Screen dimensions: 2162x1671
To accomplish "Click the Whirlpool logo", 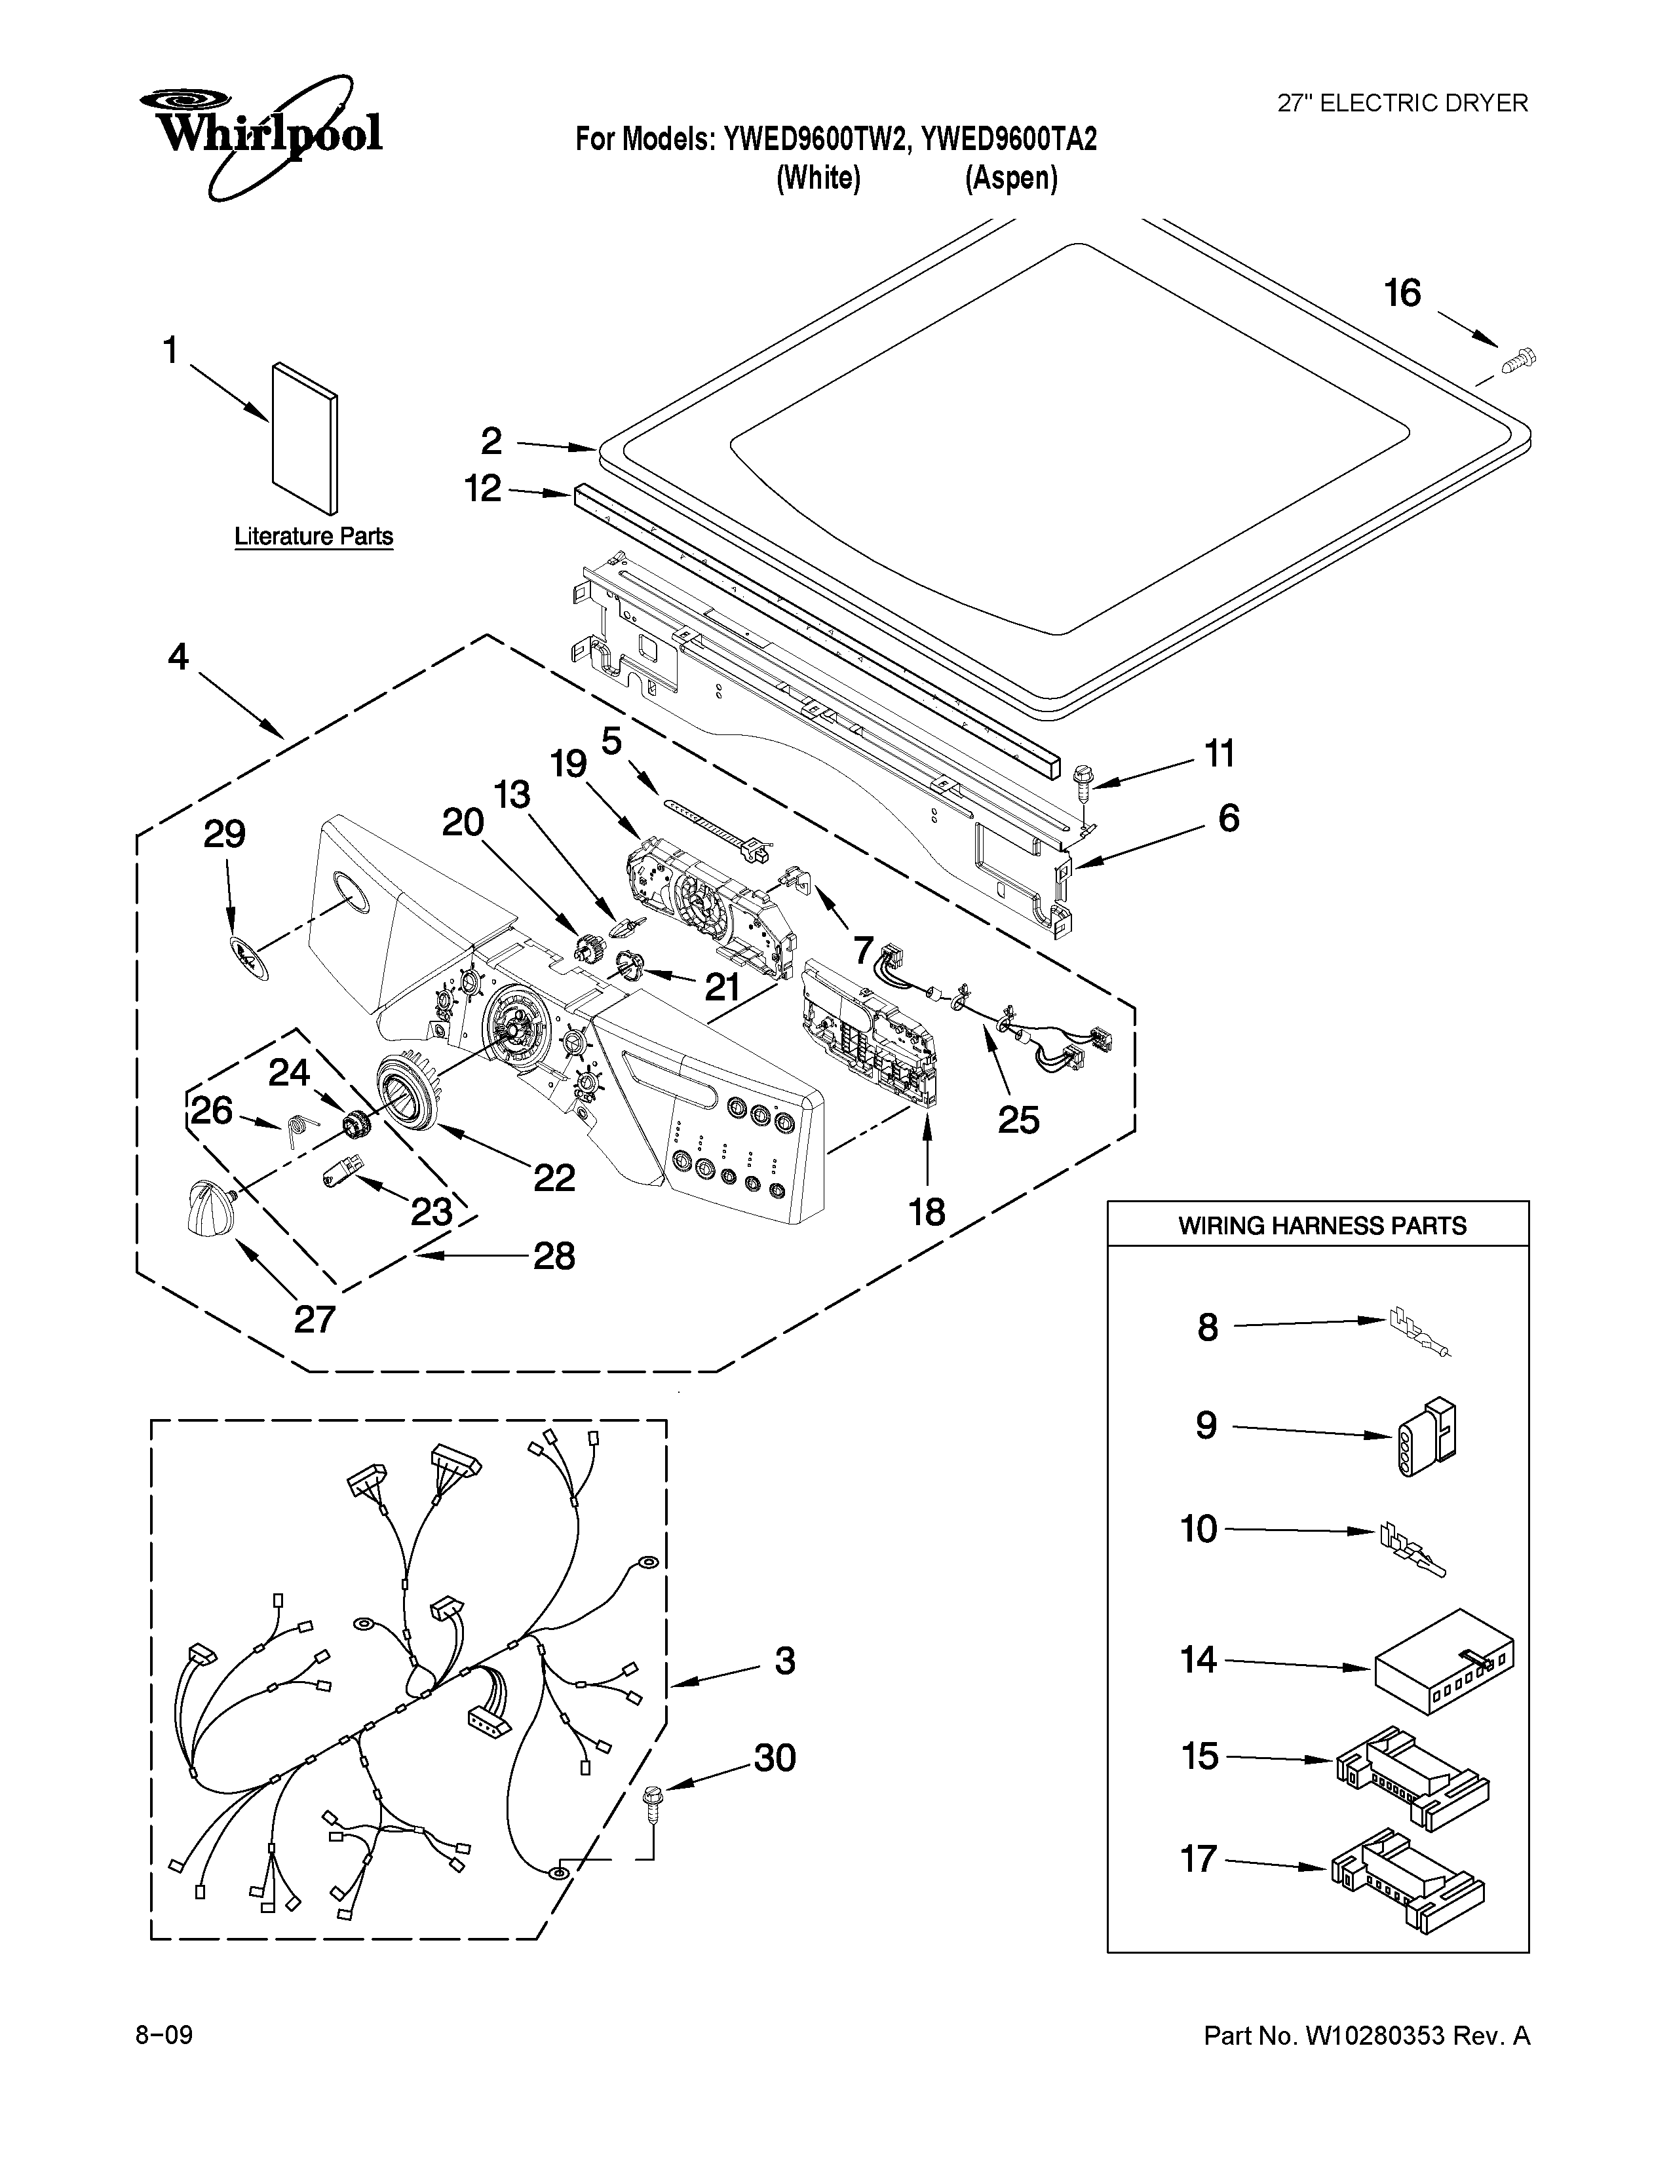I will pos(260,132).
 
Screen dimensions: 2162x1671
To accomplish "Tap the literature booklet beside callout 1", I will pos(304,438).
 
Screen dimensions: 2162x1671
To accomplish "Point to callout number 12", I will pos(483,488).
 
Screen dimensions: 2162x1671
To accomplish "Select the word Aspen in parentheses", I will pos(1010,178).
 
